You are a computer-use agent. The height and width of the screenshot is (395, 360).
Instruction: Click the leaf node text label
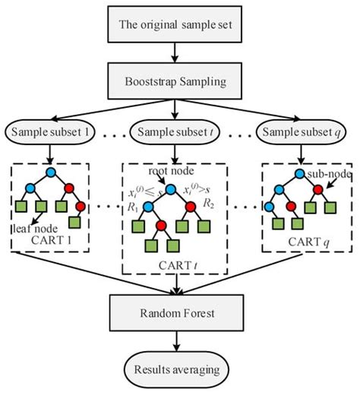coord(35,229)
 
